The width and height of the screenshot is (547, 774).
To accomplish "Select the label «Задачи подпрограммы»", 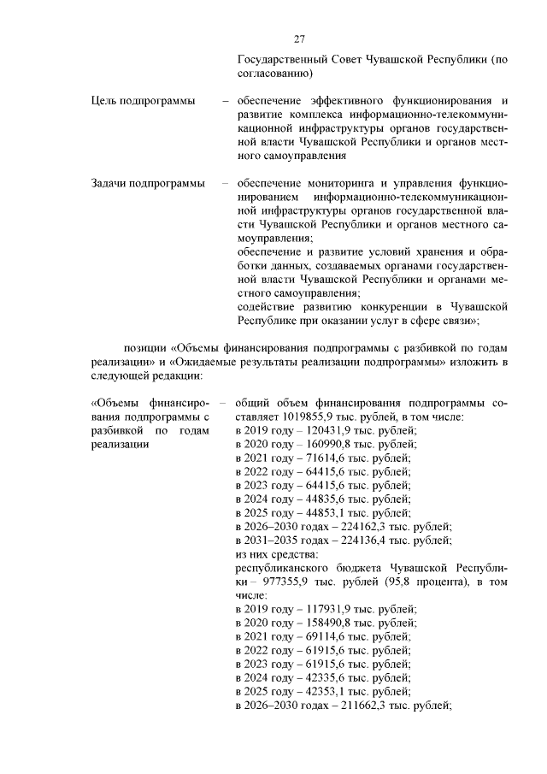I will click(x=147, y=183).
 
